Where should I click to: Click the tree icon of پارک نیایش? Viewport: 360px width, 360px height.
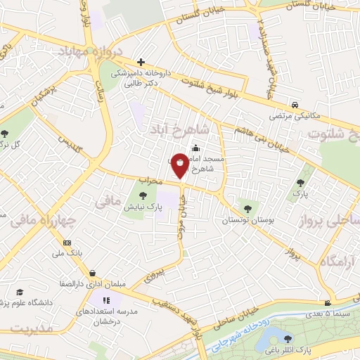coord(143,196)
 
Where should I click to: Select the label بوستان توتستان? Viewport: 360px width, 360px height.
coord(246,220)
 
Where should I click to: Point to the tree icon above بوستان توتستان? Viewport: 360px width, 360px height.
coord(247,207)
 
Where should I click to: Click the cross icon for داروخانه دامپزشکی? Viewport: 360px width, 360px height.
coord(141,63)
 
